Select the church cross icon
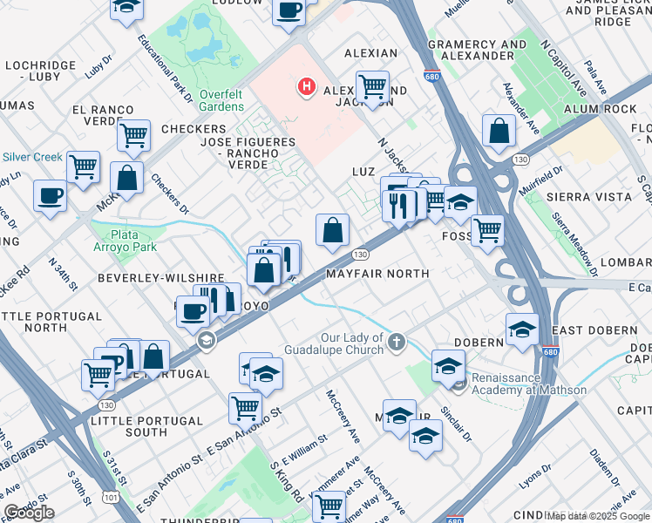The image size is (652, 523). [397, 341]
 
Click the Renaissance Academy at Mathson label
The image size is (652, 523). [528, 384]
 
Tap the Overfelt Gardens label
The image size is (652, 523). [221, 100]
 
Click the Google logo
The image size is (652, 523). [29, 513]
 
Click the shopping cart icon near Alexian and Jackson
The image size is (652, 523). [373, 86]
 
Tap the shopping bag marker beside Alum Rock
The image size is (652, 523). [498, 131]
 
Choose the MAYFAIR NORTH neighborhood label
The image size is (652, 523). [377, 274]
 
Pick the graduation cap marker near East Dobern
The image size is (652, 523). [522, 329]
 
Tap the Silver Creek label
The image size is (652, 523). [32, 157]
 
